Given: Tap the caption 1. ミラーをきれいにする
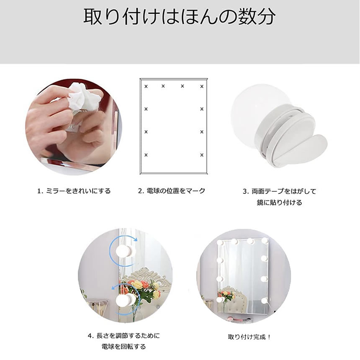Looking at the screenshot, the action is click(74, 191).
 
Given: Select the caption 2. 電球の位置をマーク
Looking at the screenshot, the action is click(172, 191).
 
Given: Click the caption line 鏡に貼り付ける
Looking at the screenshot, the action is click(279, 203).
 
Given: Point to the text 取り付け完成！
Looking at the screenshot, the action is click(249, 337).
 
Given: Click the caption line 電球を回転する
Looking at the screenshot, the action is click(124, 347).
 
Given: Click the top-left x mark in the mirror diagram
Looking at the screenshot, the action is click(146, 86).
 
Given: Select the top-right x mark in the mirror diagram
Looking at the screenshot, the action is click(202, 86).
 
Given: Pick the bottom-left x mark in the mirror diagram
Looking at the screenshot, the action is click(146, 155).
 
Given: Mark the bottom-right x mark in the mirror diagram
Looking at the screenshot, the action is click(202, 155).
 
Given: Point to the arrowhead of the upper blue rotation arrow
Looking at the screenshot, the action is click(136, 239).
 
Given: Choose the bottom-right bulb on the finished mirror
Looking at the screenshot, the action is click(264, 300).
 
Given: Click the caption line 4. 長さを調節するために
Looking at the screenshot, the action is click(124, 336).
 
